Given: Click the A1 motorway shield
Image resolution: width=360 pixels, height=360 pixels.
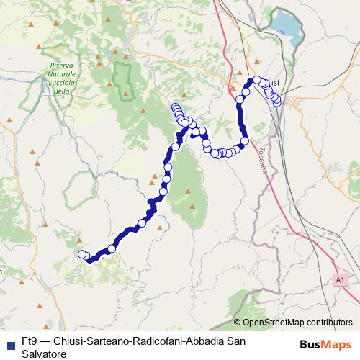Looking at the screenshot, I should pyautogui.click(x=341, y=278).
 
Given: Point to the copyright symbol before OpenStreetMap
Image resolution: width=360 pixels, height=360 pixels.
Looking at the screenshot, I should pyautogui.click(x=237, y=323).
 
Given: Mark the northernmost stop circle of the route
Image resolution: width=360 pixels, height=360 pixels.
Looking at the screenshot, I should pyautogui.click(x=256, y=80).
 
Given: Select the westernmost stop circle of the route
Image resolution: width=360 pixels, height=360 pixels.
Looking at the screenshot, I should pyautogui.click(x=82, y=253).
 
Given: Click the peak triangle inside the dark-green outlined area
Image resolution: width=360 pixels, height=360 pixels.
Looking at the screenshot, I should pyautogui.click(x=127, y=93).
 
